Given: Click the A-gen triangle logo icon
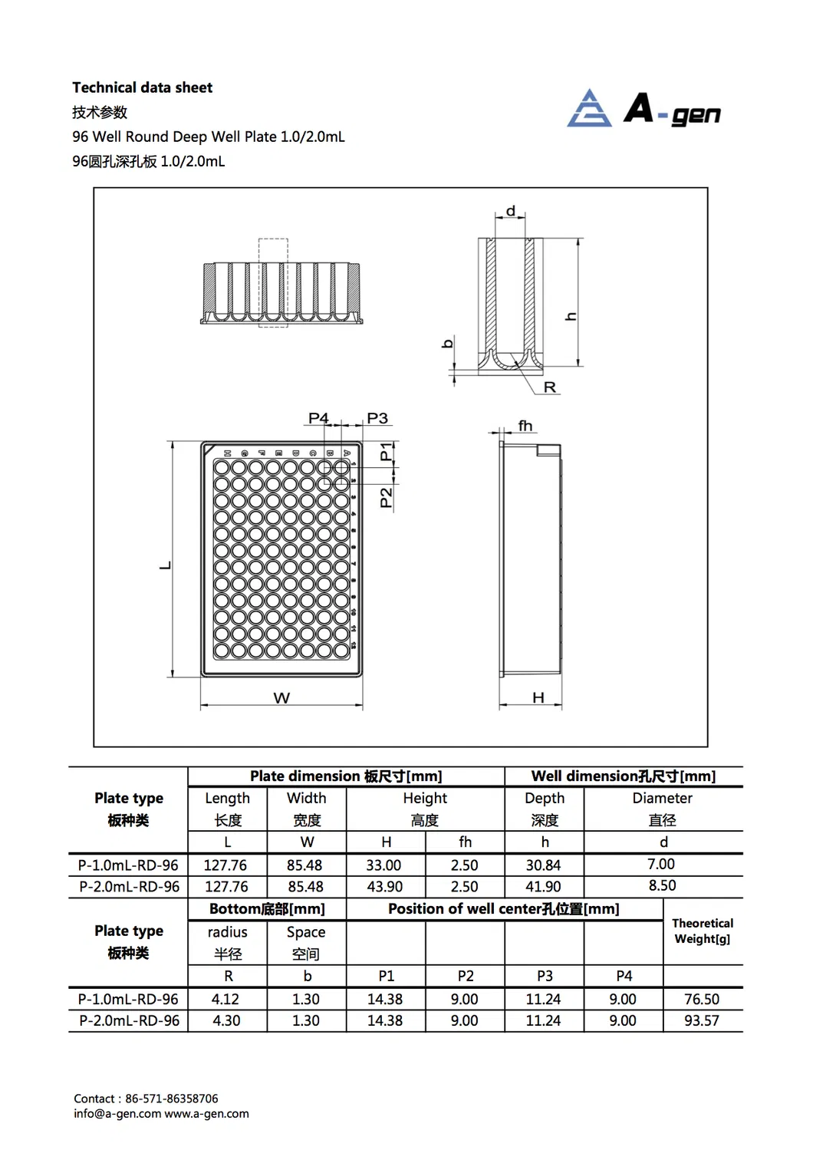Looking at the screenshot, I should click(589, 109).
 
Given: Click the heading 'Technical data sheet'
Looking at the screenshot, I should click(142, 87).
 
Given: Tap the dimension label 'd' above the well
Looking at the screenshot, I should click(511, 211).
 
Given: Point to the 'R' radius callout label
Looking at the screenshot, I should click(549, 387).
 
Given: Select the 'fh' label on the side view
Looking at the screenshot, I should click(525, 426).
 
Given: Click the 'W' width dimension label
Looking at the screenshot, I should click(281, 698).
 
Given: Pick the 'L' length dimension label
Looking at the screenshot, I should click(165, 565).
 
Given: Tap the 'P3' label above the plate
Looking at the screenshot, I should click(377, 418).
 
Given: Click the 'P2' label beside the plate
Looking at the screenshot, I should click(386, 497).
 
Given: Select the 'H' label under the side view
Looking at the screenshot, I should click(538, 697).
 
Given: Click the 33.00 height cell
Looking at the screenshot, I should click(383, 865).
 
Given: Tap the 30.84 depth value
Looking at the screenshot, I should click(543, 865).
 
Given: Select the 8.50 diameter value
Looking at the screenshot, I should click(662, 885).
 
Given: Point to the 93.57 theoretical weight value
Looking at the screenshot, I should click(701, 1021).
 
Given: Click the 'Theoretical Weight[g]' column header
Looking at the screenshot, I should click(702, 931).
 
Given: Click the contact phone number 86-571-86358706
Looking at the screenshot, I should click(172, 1099).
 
